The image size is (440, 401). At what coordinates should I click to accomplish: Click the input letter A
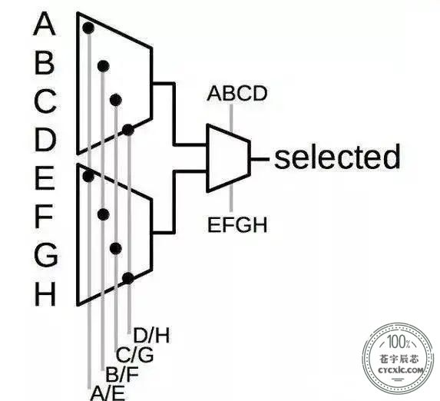tap(45, 24)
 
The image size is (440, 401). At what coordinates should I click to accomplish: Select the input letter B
tap(45, 63)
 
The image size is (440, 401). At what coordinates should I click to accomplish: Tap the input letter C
tap(45, 101)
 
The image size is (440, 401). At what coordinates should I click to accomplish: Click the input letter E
tap(45, 177)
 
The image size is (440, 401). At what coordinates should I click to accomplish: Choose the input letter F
tap(44, 216)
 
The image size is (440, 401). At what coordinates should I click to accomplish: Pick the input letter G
tap(46, 254)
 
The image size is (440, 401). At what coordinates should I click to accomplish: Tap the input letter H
tap(45, 293)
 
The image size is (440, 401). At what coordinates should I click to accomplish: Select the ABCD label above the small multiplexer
tap(237, 94)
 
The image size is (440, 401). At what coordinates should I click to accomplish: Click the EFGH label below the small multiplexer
tap(237, 224)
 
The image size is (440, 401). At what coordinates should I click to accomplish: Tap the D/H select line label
tap(151, 335)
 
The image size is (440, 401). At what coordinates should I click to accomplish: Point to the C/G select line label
tap(135, 355)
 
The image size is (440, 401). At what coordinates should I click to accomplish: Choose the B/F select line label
tap(122, 374)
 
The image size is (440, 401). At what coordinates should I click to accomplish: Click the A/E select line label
tap(108, 393)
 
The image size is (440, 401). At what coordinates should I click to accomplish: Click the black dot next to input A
tap(88, 28)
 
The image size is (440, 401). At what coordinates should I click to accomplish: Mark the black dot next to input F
tap(104, 214)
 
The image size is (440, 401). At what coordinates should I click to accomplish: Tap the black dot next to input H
tap(128, 278)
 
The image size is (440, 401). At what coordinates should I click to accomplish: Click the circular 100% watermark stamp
tap(399, 358)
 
